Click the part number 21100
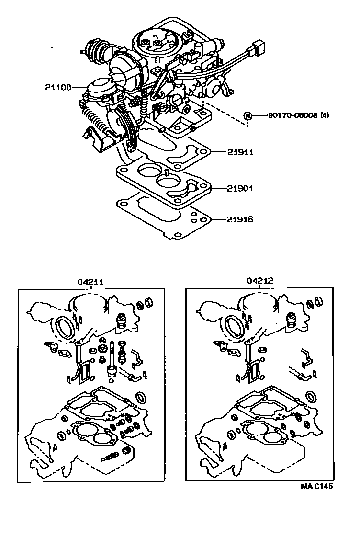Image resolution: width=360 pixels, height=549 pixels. click(x=58, y=87)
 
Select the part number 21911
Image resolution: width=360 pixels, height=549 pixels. click(x=240, y=152)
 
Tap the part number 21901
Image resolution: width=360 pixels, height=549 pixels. click(x=240, y=189)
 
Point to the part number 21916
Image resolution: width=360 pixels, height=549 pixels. click(x=240, y=219)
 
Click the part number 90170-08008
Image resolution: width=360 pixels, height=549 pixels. click(x=293, y=115)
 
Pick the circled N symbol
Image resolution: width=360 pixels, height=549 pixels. click(x=247, y=115)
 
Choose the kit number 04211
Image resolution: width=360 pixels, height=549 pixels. click(x=90, y=282)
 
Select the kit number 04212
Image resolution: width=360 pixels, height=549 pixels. click(x=260, y=281)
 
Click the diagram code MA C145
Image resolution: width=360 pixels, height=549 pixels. click(x=317, y=486)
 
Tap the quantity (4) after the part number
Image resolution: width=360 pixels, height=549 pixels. click(x=324, y=115)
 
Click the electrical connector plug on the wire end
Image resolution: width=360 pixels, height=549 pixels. click(x=257, y=49)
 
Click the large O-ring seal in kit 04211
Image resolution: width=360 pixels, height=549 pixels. click(x=65, y=327)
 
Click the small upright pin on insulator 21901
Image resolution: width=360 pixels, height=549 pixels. click(x=167, y=172)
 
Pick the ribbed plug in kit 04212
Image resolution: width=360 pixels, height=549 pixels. click(x=291, y=320)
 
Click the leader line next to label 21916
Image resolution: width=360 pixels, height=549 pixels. click(x=218, y=219)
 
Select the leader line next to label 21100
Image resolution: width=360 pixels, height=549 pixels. click(x=79, y=87)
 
